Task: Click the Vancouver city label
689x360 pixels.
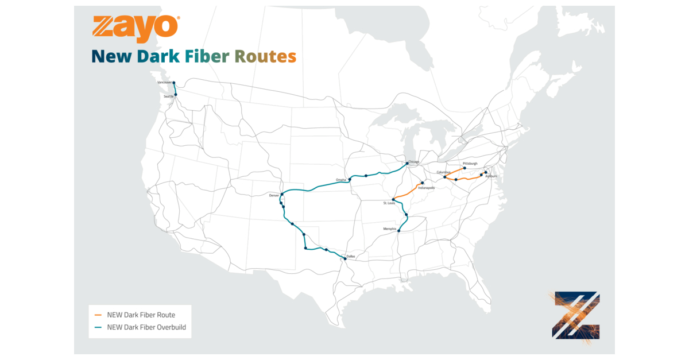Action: click(x=165, y=83)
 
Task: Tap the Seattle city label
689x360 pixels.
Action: click(x=168, y=96)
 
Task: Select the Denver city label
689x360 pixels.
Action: click(x=274, y=196)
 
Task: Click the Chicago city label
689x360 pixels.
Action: click(x=414, y=162)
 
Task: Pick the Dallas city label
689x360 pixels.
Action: click(x=351, y=256)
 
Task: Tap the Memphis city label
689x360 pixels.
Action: click(x=390, y=229)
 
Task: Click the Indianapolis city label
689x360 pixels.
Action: click(x=427, y=188)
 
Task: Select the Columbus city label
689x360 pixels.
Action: click(x=444, y=172)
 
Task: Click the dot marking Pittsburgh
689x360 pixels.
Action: click(x=465, y=169)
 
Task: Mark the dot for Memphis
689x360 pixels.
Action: click(x=398, y=231)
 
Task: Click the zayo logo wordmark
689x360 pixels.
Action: click(x=136, y=27)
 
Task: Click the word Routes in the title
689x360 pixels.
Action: click(x=265, y=56)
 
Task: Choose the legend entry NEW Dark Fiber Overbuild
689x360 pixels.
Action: click(x=146, y=327)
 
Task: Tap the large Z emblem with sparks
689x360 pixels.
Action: click(x=576, y=315)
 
